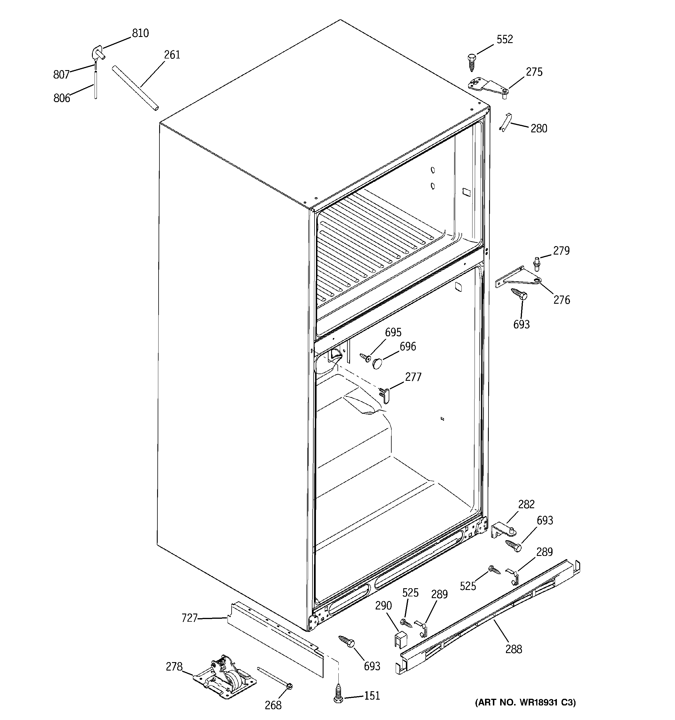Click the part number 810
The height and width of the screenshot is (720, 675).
[140, 33]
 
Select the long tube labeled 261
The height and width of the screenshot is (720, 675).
[135, 88]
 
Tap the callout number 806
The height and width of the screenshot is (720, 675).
[62, 98]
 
